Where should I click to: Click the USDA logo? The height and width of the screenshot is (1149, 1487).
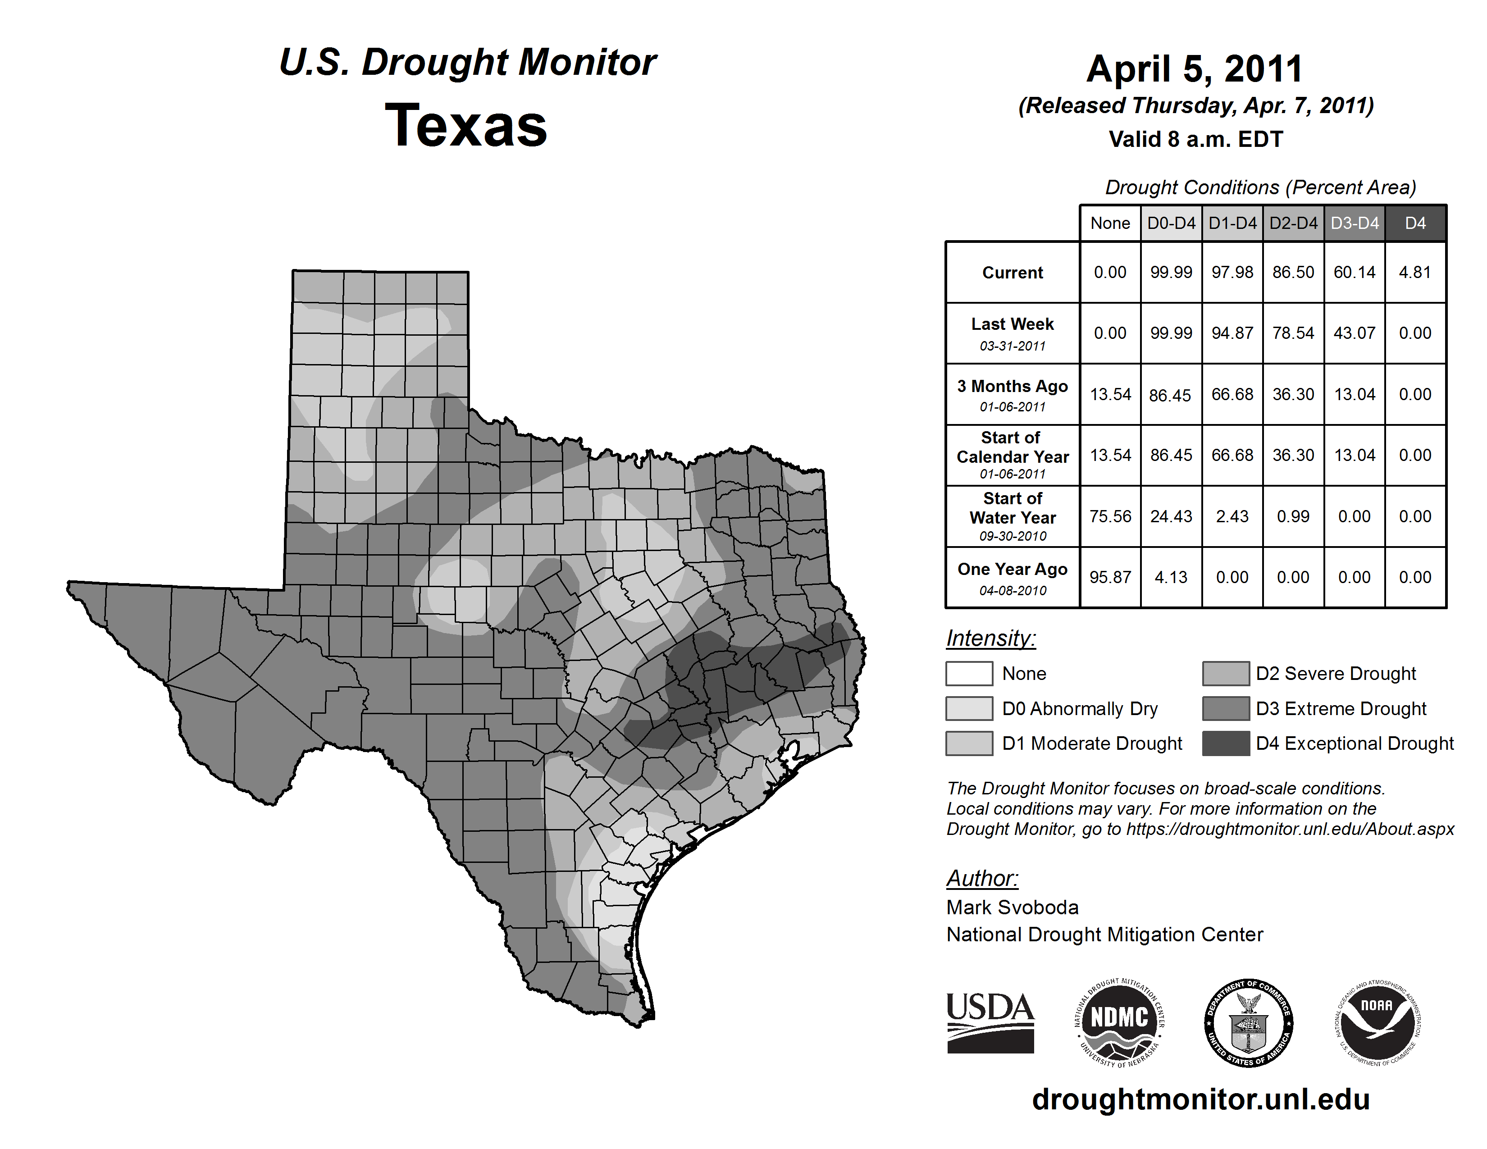coord(990,1022)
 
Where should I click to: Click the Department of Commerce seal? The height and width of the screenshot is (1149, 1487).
coord(1249,1022)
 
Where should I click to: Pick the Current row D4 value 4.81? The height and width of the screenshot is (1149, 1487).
coord(1415,272)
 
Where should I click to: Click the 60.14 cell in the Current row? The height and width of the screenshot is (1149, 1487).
coord(1354,272)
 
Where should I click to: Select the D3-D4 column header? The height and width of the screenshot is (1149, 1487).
coord(1354,223)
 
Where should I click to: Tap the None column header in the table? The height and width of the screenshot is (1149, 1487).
coord(1110,223)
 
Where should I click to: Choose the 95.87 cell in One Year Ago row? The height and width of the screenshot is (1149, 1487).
coord(1110,577)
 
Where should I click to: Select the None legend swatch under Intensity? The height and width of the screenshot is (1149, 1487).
coord(969,673)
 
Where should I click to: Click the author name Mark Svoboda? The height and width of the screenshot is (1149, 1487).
coord(1012,907)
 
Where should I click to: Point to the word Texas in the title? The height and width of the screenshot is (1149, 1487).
coord(466,125)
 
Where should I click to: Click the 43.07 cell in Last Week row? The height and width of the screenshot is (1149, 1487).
coord(1354,333)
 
